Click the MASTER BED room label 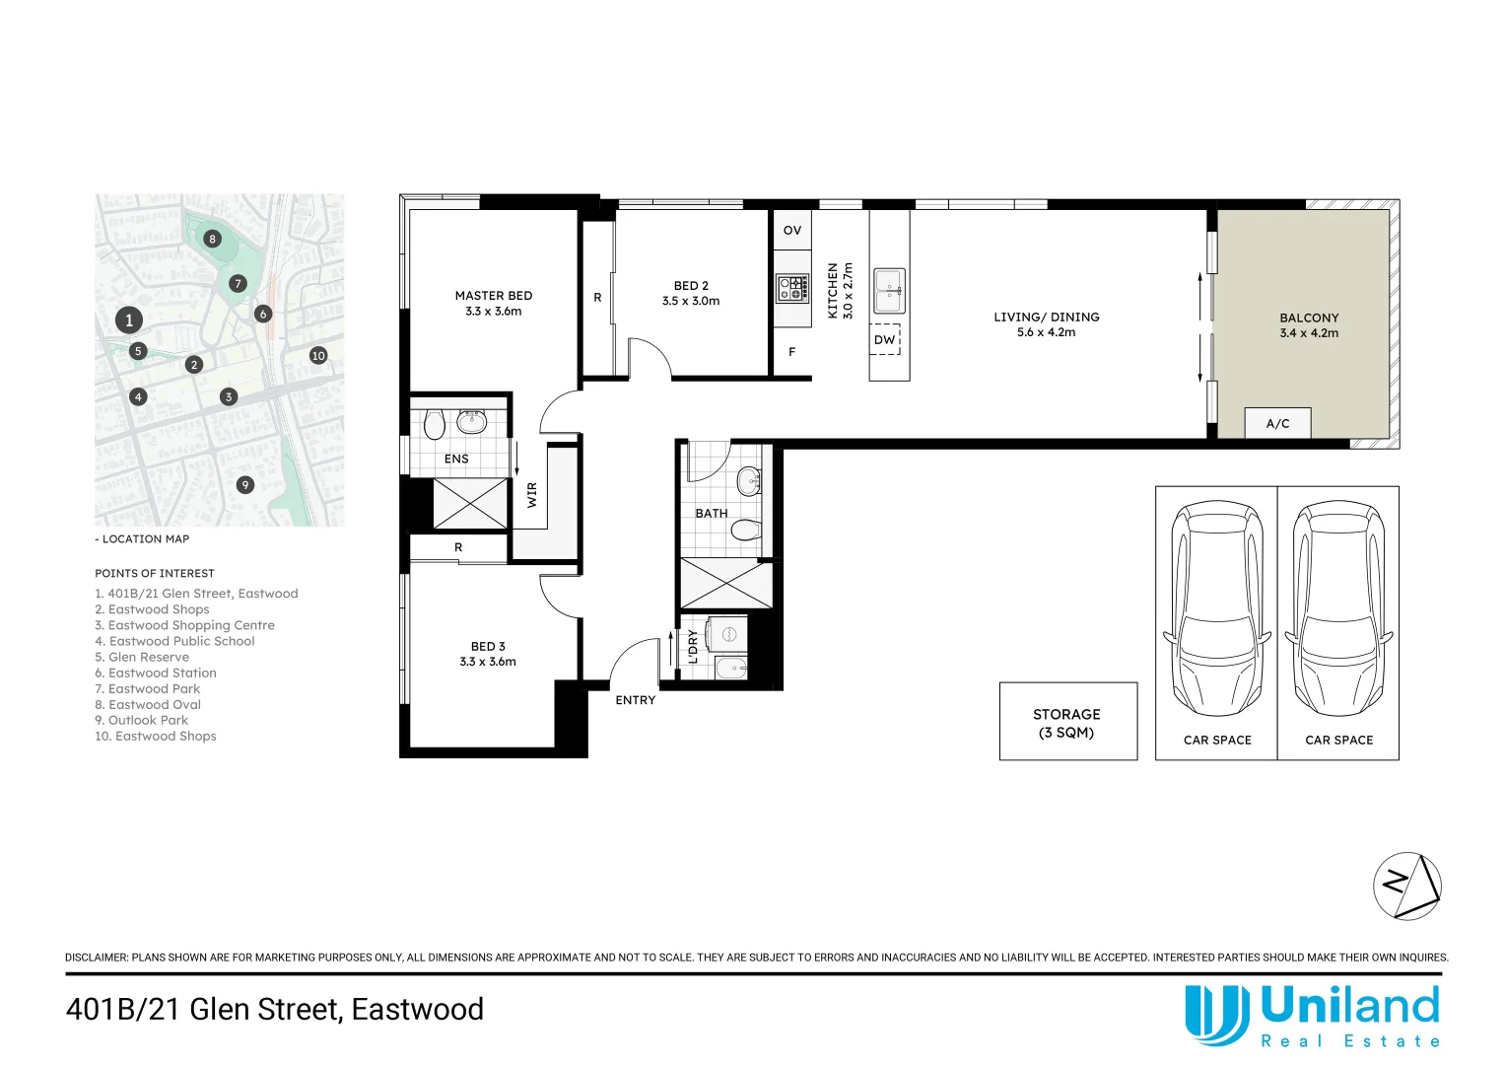coord(493,295)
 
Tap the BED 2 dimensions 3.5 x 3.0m coord(691,301)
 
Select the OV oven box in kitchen coord(792,230)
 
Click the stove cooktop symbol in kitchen coord(791,288)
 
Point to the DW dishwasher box coord(885,339)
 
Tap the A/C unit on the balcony coord(1277,423)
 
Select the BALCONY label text coord(1309,318)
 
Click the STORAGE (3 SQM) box coord(1067,722)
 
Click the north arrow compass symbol coord(1406,886)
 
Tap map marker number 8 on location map coord(212,239)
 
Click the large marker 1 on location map coord(128,319)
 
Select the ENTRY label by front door coord(635,700)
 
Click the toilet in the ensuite coord(434,425)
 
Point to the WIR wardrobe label coord(532,494)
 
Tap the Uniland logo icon coord(1216,1015)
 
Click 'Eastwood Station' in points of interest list coord(162,673)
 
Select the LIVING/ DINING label coord(1046,317)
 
